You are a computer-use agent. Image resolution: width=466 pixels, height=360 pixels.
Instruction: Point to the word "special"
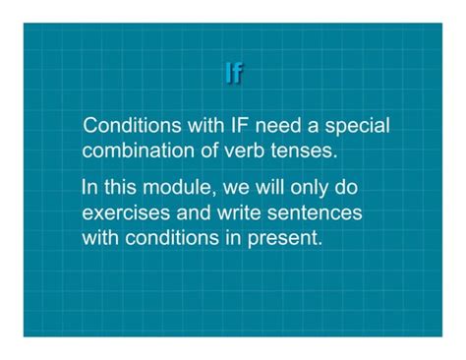pyautogui.click(x=358, y=127)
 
